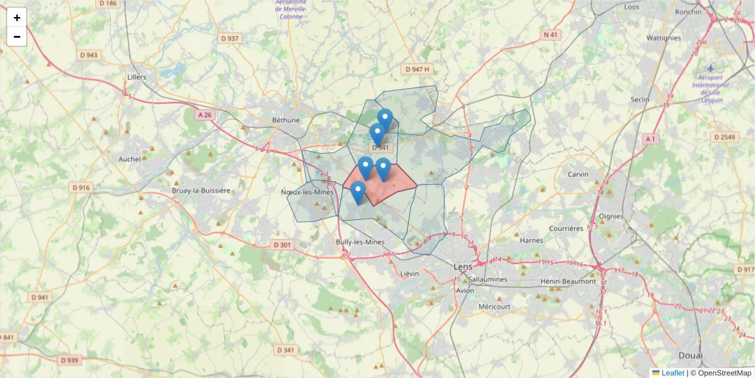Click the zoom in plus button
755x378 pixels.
(x=17, y=18)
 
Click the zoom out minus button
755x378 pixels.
(x=17, y=37)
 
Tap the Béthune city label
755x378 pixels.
(x=286, y=120)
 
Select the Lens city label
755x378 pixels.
(x=463, y=267)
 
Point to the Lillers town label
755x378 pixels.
(x=136, y=77)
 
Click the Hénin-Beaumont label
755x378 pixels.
(x=568, y=281)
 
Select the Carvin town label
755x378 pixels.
(x=578, y=175)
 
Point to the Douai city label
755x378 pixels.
(x=690, y=355)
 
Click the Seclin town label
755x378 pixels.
(x=640, y=100)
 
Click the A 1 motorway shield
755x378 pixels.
(x=650, y=139)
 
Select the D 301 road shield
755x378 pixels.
(x=283, y=244)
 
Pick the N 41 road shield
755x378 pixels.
(x=551, y=35)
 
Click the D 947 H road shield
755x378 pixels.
(x=418, y=69)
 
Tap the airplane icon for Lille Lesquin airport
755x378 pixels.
(x=710, y=68)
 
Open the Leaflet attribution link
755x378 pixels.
(x=672, y=373)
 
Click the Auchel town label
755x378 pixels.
(x=130, y=159)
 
